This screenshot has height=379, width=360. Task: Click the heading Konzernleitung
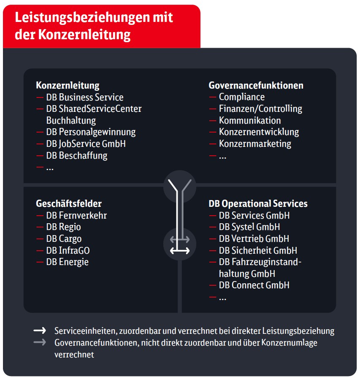(68, 85)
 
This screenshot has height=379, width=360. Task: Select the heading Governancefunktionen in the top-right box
(256, 85)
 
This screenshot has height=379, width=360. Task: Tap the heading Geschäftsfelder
(69, 203)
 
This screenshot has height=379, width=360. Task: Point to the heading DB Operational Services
(258, 203)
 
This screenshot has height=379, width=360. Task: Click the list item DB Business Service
(84, 97)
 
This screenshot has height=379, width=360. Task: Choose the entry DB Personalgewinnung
(91, 132)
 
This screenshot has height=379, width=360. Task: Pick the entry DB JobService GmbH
(86, 143)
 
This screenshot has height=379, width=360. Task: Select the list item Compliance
(241, 97)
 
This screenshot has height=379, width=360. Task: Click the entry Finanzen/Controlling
(260, 108)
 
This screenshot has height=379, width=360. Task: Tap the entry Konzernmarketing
(255, 143)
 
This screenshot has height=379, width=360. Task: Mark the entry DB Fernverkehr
(76, 215)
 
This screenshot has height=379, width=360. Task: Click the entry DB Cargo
(64, 238)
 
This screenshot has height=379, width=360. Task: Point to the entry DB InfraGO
(68, 250)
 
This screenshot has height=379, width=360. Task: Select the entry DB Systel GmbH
(249, 227)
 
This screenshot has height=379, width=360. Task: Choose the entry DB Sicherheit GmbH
(258, 250)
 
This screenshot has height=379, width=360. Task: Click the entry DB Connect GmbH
(254, 285)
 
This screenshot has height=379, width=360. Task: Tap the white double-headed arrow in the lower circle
(180, 251)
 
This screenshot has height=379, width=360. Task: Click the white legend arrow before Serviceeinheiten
(40, 330)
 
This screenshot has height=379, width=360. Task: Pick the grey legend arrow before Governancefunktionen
(40, 342)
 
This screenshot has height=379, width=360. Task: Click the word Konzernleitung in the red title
(84, 35)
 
